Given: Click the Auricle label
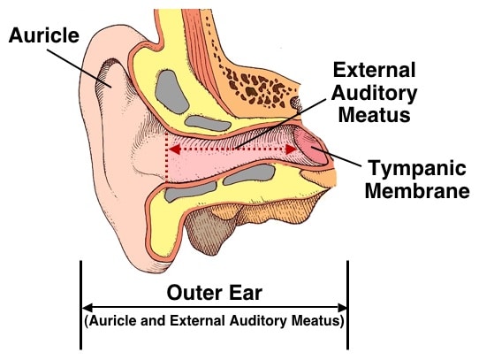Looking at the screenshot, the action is click(44, 35).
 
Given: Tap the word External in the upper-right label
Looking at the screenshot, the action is click(374, 70).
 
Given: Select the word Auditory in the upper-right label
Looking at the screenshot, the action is click(374, 93).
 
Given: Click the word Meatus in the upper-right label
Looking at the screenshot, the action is click(374, 115).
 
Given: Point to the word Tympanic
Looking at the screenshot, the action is click(418, 169).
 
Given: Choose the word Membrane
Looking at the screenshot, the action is click(417, 190).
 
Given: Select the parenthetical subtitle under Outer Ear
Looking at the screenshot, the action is click(214, 321).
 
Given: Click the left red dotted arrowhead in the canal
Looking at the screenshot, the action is click(174, 149).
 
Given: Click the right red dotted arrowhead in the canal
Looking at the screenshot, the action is click(291, 149).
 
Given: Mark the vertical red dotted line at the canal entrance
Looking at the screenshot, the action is click(166, 157).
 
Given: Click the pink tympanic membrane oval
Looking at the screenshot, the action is click(310, 146).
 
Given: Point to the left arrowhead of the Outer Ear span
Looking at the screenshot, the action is click(87, 307).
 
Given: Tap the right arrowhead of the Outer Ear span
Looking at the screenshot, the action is click(342, 307).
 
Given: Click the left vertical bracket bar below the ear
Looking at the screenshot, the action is click(80, 305).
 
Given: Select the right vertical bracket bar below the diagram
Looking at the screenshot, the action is click(347, 305).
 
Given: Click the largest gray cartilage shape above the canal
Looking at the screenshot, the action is click(171, 92).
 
